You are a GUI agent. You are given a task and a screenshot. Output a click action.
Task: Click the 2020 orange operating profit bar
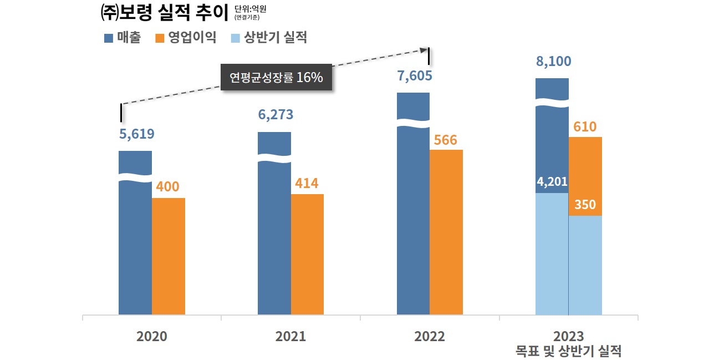169,256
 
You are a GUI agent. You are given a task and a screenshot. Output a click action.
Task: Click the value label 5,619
137,134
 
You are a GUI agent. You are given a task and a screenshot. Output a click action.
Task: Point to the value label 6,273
276,115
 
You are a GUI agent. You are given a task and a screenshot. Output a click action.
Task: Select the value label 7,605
415,75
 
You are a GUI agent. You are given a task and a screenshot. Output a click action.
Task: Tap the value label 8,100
553,61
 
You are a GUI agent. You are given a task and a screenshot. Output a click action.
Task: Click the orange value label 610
585,127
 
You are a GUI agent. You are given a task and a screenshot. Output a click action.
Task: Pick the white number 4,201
552,181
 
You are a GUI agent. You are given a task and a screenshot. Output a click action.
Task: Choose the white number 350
585,205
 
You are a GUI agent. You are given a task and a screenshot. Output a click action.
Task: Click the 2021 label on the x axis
290,337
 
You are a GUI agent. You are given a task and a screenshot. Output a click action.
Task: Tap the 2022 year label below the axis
430,337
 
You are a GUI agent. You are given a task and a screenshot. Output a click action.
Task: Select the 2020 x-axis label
152,337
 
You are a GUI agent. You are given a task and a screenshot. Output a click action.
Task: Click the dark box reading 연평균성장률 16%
276,78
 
